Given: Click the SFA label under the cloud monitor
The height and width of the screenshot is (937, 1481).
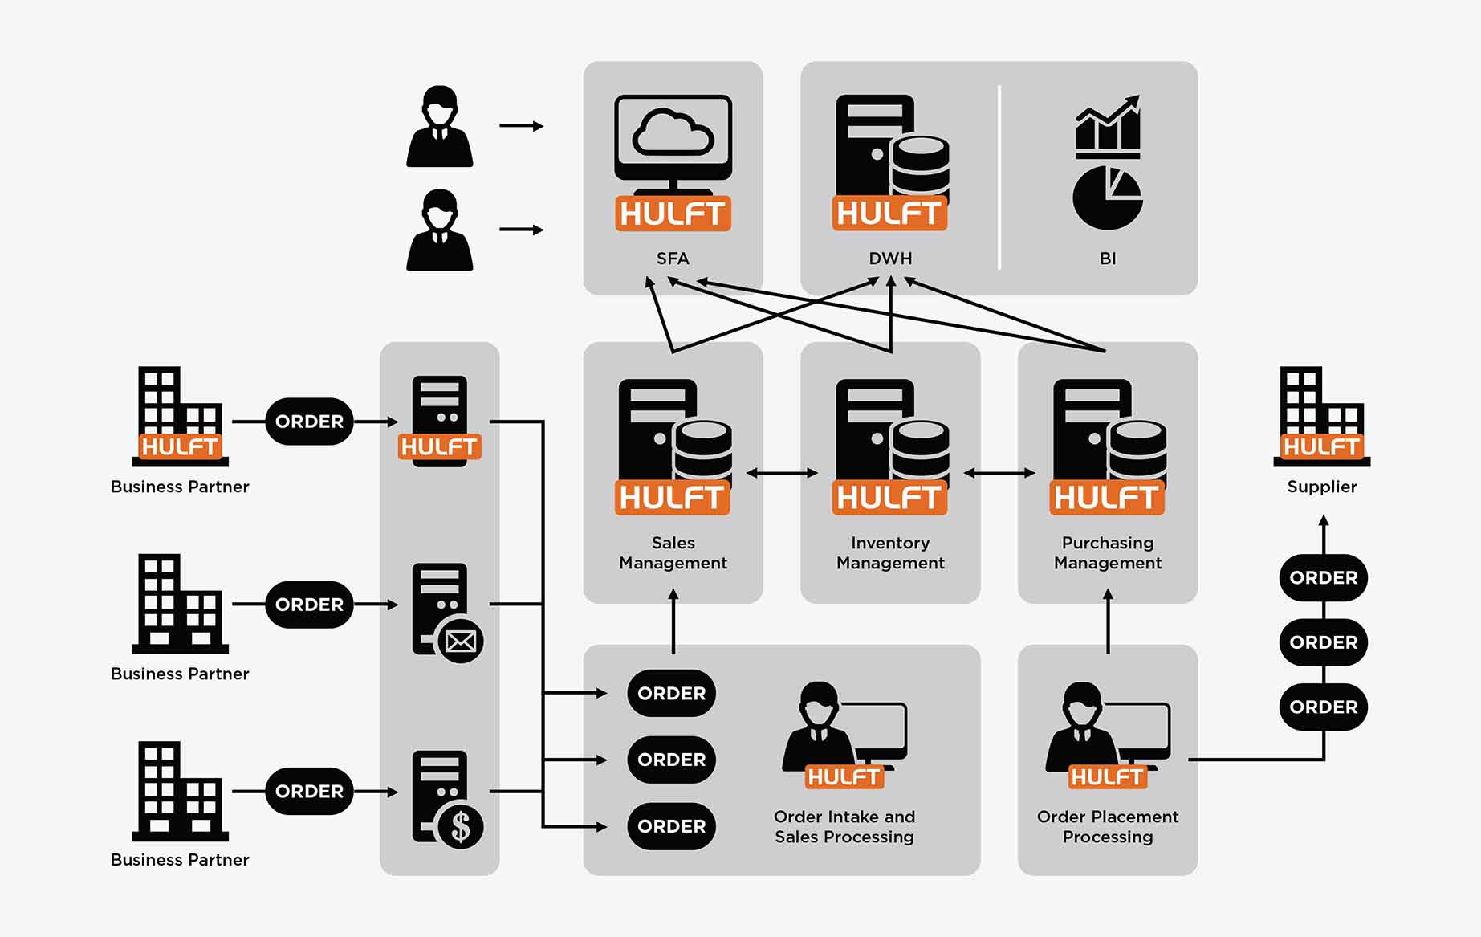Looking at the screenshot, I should click(x=673, y=259).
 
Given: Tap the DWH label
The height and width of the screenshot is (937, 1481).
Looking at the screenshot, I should click(x=890, y=259).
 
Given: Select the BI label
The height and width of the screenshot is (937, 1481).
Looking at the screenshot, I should click(x=1108, y=259).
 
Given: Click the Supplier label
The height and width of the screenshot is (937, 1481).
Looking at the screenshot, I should click(x=1321, y=487).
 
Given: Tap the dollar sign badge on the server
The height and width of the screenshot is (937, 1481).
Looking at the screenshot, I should click(x=460, y=826).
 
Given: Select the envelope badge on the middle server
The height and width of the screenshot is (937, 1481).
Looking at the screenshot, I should click(x=460, y=641).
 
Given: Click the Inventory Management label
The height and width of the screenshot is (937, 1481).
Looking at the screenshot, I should click(x=890, y=553).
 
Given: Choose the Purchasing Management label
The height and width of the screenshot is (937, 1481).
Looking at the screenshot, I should click(x=1108, y=553).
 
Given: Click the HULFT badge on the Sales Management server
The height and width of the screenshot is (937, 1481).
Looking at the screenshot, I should click(x=673, y=498).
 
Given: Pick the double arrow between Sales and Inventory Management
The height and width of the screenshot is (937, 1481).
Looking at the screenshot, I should click(x=782, y=473).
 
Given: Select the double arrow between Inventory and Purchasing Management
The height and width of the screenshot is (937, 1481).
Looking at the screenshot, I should click(x=999, y=473).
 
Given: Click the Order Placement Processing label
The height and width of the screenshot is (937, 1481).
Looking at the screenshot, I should click(x=1108, y=827).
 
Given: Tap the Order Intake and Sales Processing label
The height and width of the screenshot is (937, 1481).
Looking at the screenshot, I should click(x=844, y=827).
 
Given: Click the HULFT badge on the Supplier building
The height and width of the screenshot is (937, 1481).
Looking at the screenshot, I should click(x=1321, y=446).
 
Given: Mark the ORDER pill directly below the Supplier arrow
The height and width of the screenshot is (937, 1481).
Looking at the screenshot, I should click(x=1323, y=578).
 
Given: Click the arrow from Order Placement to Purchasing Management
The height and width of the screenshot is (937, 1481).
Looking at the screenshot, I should click(x=1108, y=621).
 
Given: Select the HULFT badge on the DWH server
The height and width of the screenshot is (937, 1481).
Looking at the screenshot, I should click(x=889, y=214).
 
